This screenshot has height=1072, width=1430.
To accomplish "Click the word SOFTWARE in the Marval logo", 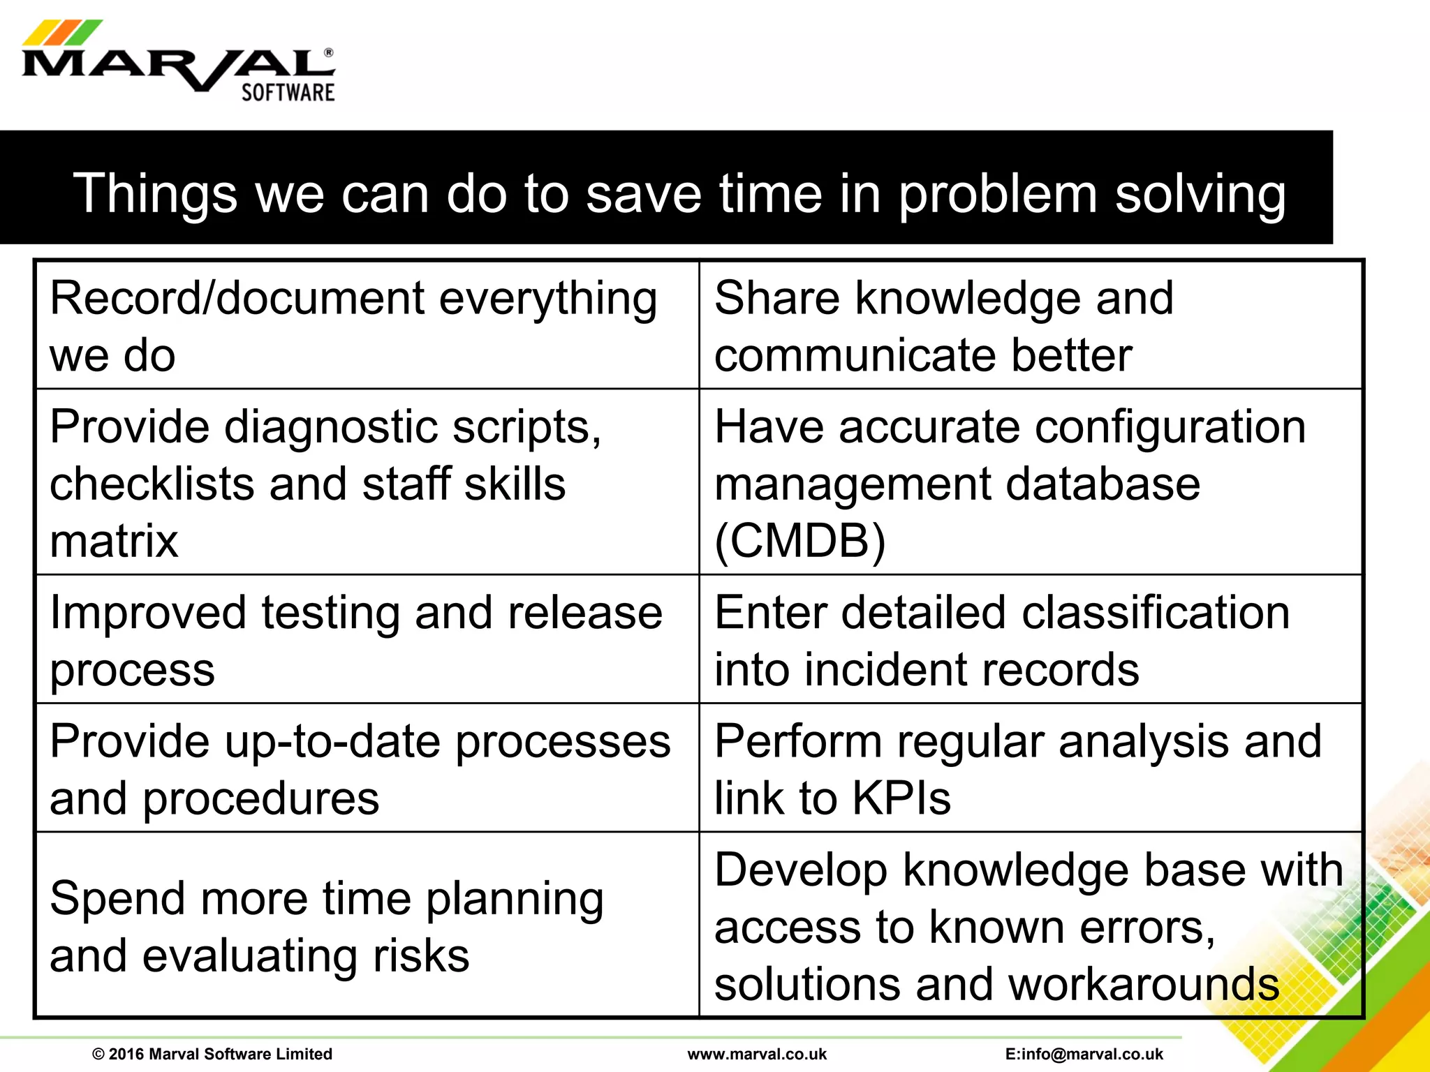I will tap(288, 93).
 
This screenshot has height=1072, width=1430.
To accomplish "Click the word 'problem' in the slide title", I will tap(997, 195).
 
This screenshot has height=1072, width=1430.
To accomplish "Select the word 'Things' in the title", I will tap(155, 195).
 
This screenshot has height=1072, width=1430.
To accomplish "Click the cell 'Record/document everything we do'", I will tap(367, 325).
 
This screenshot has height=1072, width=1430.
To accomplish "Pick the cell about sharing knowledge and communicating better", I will tap(1030, 325).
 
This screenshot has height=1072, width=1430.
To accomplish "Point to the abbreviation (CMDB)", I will tap(799, 541).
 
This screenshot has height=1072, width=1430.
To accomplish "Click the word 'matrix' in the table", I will tap(114, 541).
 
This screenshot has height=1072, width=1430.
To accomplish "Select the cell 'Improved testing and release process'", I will tap(367, 639).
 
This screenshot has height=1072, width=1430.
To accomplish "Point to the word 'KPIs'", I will tap(901, 798).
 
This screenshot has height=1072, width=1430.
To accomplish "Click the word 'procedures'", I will tap(260, 798).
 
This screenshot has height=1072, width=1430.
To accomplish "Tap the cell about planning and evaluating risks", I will tap(367, 925).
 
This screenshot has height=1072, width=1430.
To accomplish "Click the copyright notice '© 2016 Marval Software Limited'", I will tap(212, 1054).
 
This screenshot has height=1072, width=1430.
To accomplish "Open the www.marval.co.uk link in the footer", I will tap(757, 1054).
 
